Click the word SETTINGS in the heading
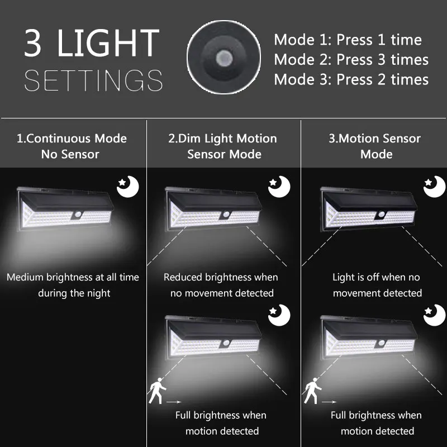[93, 80]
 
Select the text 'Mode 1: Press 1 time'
[348, 40]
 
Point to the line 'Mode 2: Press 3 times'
[351, 60]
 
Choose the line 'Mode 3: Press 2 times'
[351, 79]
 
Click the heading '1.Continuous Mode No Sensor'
[72, 146]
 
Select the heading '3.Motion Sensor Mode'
[374, 146]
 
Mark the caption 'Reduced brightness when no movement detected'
[221, 285]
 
